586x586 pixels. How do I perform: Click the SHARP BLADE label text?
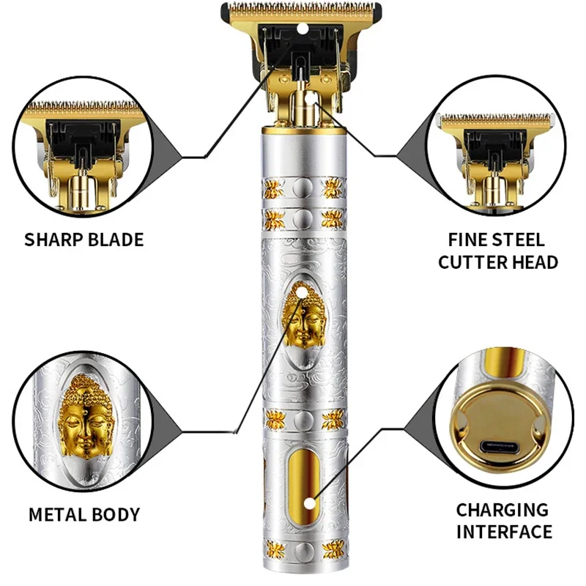point(84,240)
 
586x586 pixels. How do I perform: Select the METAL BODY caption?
point(84,514)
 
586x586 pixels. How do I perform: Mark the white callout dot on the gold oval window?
point(311,502)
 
